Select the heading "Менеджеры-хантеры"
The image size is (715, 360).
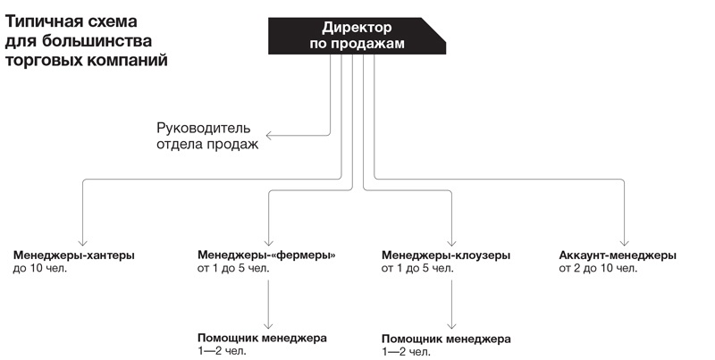coord(74,255)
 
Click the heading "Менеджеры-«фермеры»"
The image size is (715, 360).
coord(265,255)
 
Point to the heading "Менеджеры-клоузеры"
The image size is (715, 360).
coord(446,255)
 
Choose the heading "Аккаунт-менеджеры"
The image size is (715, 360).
coord(618,255)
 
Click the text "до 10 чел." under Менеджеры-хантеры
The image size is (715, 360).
coord(40,268)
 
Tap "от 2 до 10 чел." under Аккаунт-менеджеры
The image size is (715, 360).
coord(598,268)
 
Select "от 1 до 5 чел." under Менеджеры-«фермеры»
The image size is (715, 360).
coord(232,268)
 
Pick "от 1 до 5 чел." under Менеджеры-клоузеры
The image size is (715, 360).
coord(417,268)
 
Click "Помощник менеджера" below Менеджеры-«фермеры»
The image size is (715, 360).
coord(262,339)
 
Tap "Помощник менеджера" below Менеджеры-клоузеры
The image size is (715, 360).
coord(446,339)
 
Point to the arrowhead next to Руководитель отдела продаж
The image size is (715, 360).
coord(268,136)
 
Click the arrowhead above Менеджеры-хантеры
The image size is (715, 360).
coord(82,241)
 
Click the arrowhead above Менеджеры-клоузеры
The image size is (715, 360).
coord(452,241)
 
